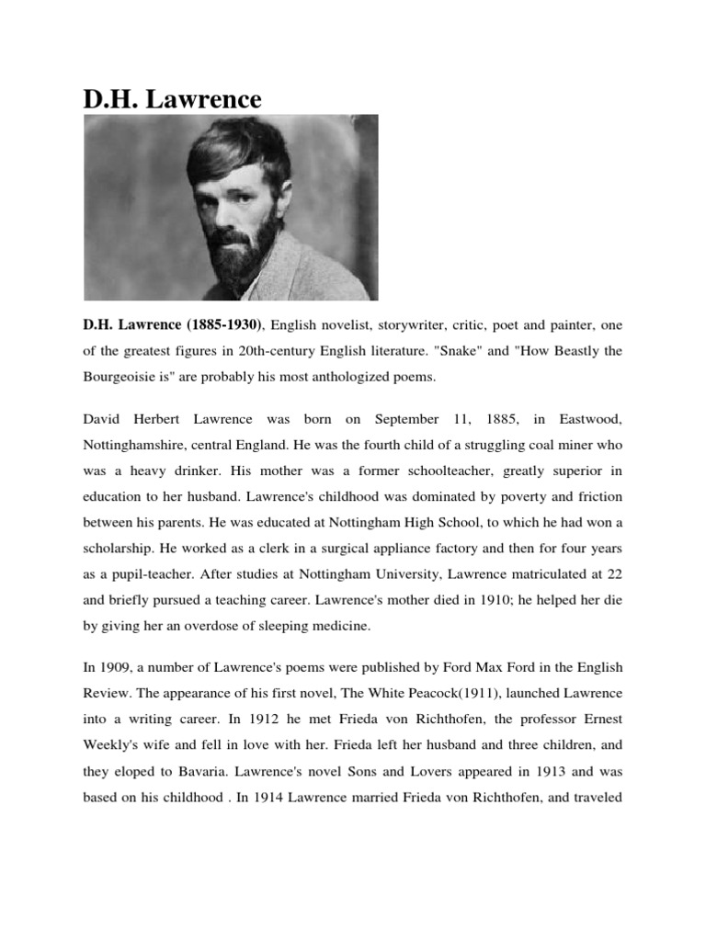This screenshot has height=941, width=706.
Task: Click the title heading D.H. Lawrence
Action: tap(173, 98)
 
